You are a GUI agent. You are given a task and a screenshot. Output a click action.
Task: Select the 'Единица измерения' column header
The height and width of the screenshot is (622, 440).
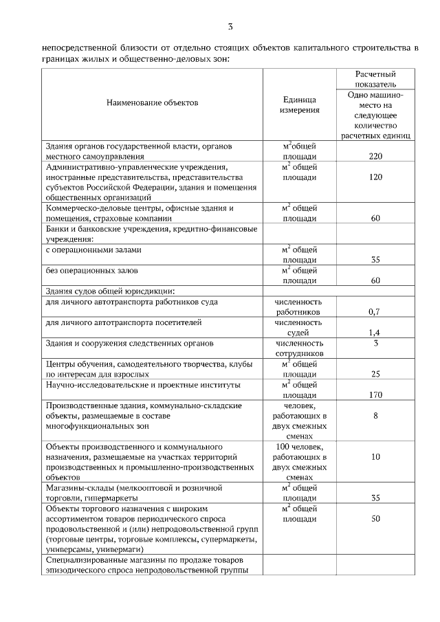tap(299, 104)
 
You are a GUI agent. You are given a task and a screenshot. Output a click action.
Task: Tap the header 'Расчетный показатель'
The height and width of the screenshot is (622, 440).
tap(375, 80)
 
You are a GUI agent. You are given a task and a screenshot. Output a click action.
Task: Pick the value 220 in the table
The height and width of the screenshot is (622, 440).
tap(375, 157)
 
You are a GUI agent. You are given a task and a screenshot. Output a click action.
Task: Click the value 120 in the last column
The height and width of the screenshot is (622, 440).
tap(375, 177)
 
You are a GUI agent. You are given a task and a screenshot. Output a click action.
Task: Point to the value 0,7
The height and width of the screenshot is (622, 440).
tap(375, 311)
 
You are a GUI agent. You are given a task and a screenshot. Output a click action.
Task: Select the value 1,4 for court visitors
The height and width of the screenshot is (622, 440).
tap(375, 332)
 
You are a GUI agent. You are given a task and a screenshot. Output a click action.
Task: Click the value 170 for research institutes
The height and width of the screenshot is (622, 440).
tap(375, 395)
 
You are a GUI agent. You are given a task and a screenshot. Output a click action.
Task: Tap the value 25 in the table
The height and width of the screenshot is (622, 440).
tap(375, 374)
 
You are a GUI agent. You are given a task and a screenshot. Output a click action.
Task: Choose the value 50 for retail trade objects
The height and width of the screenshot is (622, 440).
tap(375, 519)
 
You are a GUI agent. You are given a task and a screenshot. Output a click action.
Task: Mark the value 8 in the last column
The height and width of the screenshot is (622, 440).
tap(375, 416)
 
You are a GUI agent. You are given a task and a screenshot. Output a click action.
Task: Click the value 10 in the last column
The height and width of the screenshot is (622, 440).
tap(375, 456)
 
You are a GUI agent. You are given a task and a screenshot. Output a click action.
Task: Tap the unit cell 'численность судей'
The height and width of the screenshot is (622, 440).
tap(299, 327)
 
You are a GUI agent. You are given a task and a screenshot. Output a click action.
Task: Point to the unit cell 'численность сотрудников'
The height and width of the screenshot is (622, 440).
tap(299, 348)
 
